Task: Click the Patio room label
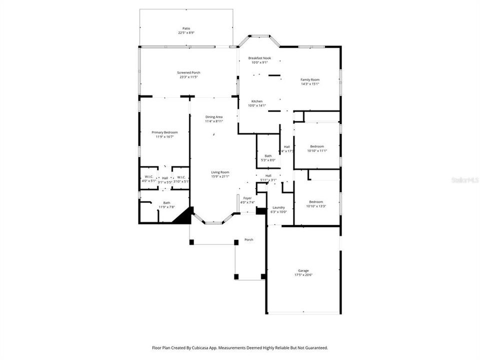coord(186,28)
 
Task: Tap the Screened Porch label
coord(189,72)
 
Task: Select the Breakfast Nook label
coord(259,58)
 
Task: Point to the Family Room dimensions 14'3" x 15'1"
coord(310,84)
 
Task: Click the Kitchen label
coord(257,101)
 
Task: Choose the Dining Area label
coord(214,117)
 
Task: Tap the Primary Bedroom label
coord(164,132)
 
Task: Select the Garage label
coord(303,270)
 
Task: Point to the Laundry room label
coord(278,207)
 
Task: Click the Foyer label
coord(247,198)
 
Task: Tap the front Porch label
coord(248,240)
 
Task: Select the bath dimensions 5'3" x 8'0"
coord(268,160)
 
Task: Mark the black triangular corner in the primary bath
coord(183,217)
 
